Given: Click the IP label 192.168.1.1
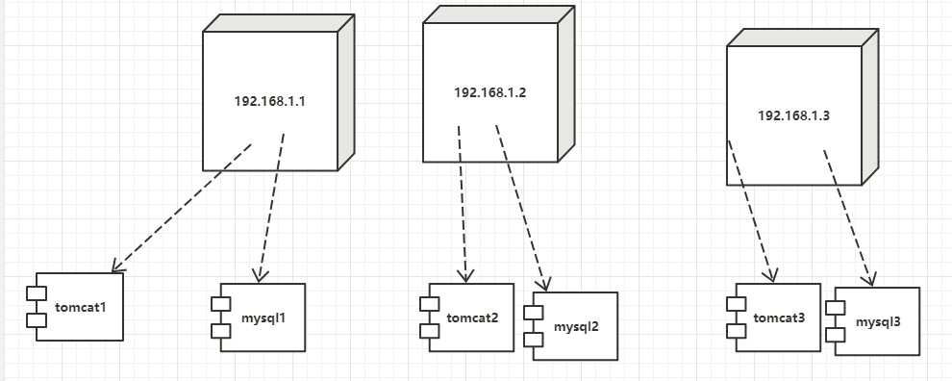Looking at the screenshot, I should point(269,101).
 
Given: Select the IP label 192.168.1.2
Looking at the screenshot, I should point(490,92).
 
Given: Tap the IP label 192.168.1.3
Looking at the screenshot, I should point(793,115).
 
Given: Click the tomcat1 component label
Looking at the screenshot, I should point(82,307).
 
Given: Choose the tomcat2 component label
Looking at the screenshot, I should point(472,318).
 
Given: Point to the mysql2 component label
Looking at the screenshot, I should point(576,327).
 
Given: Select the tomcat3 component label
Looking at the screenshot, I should point(780,317).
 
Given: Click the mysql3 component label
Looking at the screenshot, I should point(878,321).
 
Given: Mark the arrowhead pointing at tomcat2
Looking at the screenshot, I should point(466,276).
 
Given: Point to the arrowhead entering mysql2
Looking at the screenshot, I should point(545,285).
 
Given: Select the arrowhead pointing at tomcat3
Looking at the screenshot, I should point(770,276).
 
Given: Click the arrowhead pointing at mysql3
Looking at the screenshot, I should point(869,281).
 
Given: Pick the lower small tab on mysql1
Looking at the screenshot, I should point(220,331).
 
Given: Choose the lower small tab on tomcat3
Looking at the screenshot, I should point(736,332).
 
